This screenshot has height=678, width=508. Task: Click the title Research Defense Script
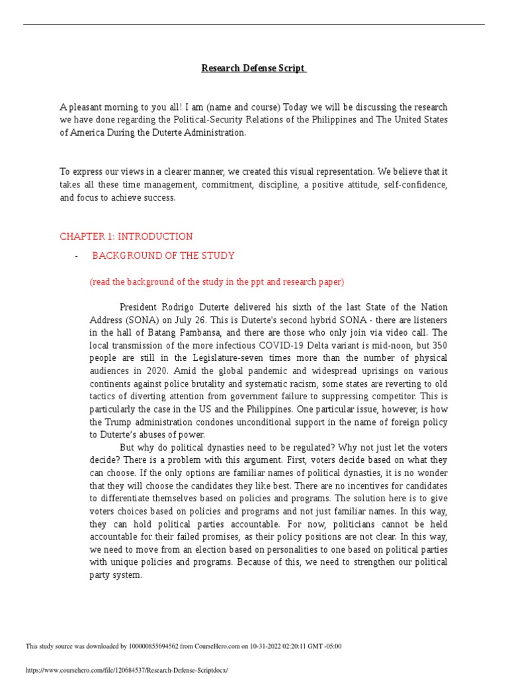click(x=254, y=68)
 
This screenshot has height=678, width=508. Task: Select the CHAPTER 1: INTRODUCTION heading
click(x=126, y=236)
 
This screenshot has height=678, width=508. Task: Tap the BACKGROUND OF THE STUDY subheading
click(x=163, y=256)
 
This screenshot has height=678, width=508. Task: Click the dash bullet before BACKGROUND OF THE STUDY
click(x=77, y=256)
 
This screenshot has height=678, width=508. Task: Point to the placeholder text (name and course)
click(x=235, y=107)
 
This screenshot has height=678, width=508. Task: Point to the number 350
click(x=439, y=346)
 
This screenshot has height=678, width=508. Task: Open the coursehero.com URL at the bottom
click(x=126, y=670)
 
